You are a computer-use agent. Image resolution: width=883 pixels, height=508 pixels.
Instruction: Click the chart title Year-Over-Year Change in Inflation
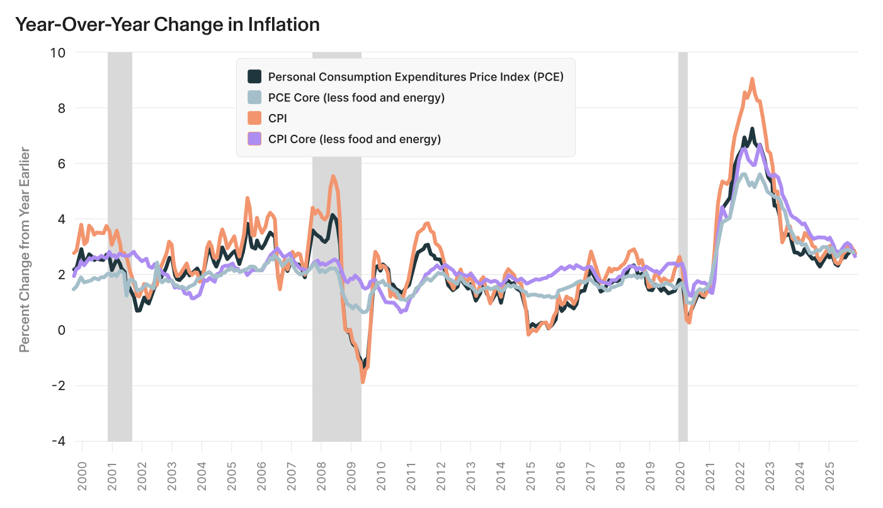167,25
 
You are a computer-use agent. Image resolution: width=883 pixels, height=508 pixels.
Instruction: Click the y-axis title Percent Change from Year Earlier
25,250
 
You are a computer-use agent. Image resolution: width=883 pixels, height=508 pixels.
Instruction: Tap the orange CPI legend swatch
254,118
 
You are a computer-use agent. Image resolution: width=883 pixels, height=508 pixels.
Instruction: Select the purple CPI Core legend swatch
254,139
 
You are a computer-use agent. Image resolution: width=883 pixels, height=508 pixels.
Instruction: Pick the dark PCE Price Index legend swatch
254,77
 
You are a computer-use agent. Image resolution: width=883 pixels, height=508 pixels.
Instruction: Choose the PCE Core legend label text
356,98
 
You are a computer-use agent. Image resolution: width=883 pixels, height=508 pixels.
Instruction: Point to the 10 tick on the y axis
57,52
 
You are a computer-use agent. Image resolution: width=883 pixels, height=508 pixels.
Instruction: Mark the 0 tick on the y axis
60,330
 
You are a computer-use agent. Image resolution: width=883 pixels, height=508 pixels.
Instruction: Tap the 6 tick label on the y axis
60,163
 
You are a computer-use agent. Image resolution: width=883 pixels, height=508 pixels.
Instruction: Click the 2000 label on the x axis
82,478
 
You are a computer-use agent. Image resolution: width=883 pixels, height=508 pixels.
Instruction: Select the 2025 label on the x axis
829,478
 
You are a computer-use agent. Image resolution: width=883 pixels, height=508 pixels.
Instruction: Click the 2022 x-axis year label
739,478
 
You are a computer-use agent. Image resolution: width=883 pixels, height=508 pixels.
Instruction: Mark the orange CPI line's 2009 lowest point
363,381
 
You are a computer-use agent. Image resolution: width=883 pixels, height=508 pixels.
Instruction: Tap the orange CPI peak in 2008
333,176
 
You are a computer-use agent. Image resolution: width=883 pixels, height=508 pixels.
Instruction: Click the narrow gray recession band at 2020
683,246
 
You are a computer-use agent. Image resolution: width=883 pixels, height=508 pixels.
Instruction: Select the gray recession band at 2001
120,246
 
